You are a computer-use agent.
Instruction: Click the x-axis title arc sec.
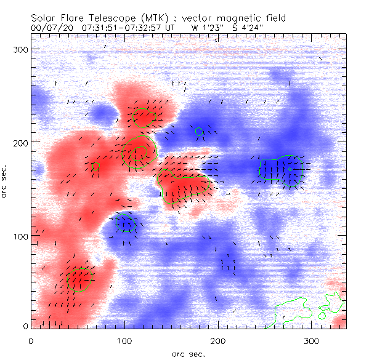click(x=188, y=353)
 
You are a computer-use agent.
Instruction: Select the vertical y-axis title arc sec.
click(x=6, y=182)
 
